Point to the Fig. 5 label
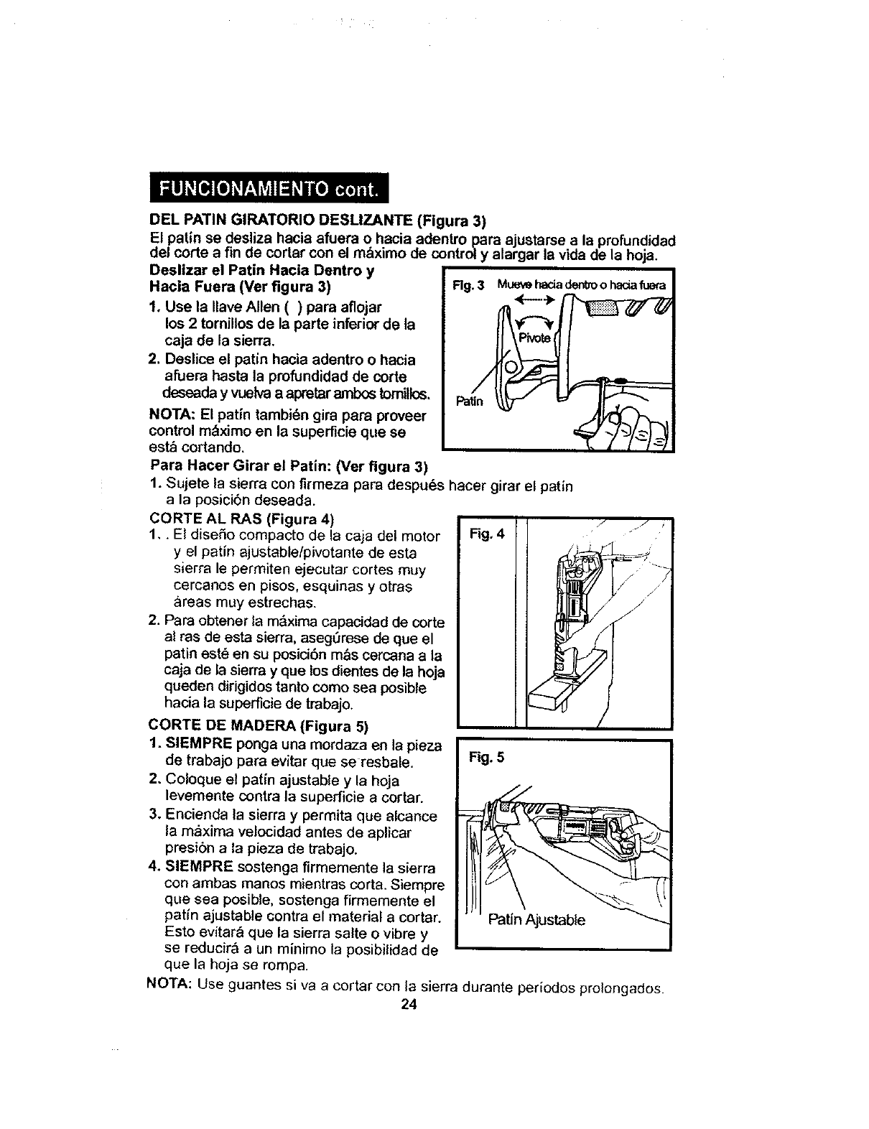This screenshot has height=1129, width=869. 487,756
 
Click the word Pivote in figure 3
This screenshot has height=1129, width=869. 534,338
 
